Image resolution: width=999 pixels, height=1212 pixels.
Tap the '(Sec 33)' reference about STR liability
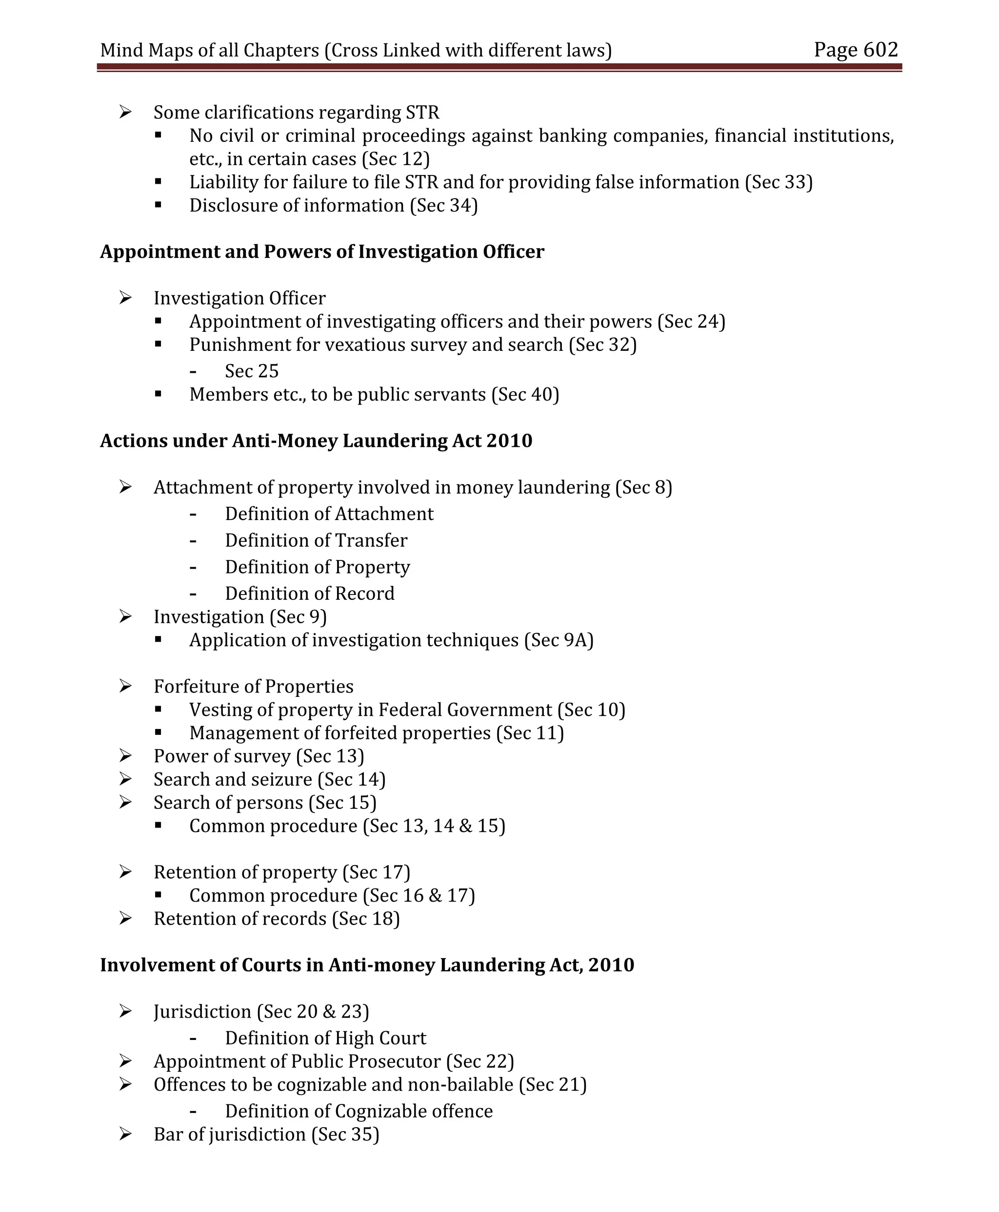click(x=778, y=182)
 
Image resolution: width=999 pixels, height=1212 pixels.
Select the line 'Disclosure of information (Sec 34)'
click(x=333, y=206)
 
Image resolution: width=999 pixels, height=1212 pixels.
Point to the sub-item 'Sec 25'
click(x=252, y=371)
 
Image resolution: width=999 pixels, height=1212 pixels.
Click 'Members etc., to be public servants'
click(x=374, y=394)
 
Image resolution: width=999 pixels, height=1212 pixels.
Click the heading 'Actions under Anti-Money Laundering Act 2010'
click(x=316, y=441)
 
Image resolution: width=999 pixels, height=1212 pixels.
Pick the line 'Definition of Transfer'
click(x=316, y=540)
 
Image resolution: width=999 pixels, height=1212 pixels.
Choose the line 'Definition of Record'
click(x=310, y=594)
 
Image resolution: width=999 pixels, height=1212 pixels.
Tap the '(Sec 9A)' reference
click(x=558, y=640)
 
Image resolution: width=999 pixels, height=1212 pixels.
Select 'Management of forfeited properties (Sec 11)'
click(x=377, y=733)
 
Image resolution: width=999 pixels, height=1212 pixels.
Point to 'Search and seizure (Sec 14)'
click(x=269, y=780)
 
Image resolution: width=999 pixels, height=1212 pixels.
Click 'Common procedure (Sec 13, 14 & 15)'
click(x=347, y=826)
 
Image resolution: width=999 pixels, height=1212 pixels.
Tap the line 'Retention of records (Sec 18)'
click(x=276, y=919)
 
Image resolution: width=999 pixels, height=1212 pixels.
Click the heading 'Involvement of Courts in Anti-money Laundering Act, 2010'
click(x=366, y=965)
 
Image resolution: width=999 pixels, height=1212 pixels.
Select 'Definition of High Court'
click(x=325, y=1038)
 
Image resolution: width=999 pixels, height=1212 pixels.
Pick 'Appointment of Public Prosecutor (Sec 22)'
click(x=334, y=1061)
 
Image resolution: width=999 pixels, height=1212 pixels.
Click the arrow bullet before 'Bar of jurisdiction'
click(x=125, y=1134)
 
